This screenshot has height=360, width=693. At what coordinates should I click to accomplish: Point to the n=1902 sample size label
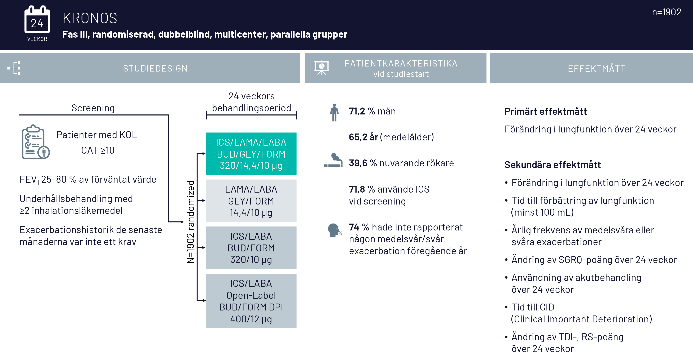coord(666,12)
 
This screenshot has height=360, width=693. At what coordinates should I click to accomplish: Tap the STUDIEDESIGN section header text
coord(155,69)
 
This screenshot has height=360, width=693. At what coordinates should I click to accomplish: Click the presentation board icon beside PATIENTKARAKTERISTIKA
coord(322,68)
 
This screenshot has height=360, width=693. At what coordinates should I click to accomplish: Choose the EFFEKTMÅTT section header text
coord(596,69)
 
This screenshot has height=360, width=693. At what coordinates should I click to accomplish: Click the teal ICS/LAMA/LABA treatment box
coord(251,154)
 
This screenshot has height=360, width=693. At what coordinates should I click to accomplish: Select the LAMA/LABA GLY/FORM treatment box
coord(251,201)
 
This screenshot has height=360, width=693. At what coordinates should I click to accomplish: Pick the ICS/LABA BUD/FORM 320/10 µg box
coord(251,248)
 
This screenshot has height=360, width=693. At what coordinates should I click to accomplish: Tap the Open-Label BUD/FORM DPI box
coord(251,301)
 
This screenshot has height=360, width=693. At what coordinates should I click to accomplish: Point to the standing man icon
coord(334,112)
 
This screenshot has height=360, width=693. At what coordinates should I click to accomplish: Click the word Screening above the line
coord(93,108)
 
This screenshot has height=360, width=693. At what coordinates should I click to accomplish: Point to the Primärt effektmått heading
coord(545,112)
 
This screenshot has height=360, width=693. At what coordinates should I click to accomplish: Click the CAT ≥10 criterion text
coord(98,150)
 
